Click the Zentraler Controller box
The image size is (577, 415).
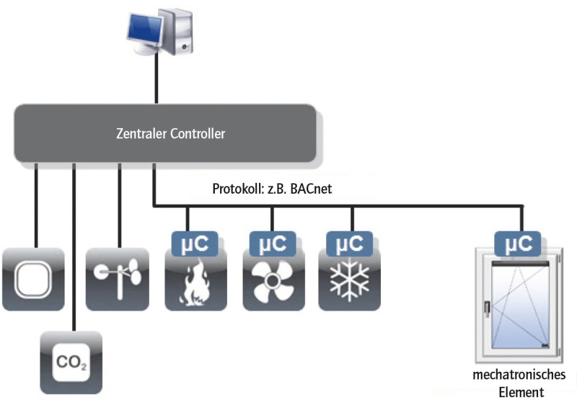[165, 133]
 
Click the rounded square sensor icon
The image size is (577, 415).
[33, 280]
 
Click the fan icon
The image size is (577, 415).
[273, 284]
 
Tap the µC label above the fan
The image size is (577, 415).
[273, 243]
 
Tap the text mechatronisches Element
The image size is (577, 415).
[519, 383]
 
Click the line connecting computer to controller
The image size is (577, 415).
[154, 83]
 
